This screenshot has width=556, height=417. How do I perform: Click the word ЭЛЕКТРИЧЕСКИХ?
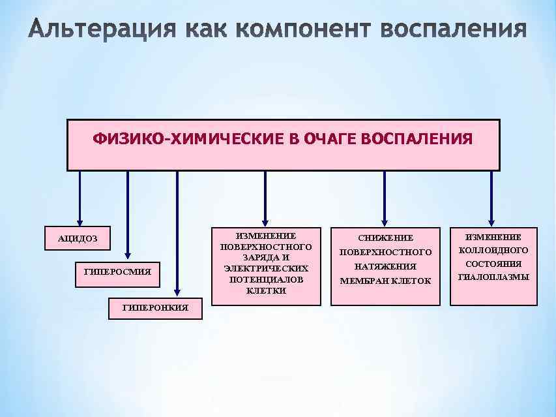pyautogui.click(x=266, y=268)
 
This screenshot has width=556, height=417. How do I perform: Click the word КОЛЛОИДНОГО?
pyautogui.click(x=494, y=250)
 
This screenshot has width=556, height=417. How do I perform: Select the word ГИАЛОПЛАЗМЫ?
pyautogui.click(x=494, y=277)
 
